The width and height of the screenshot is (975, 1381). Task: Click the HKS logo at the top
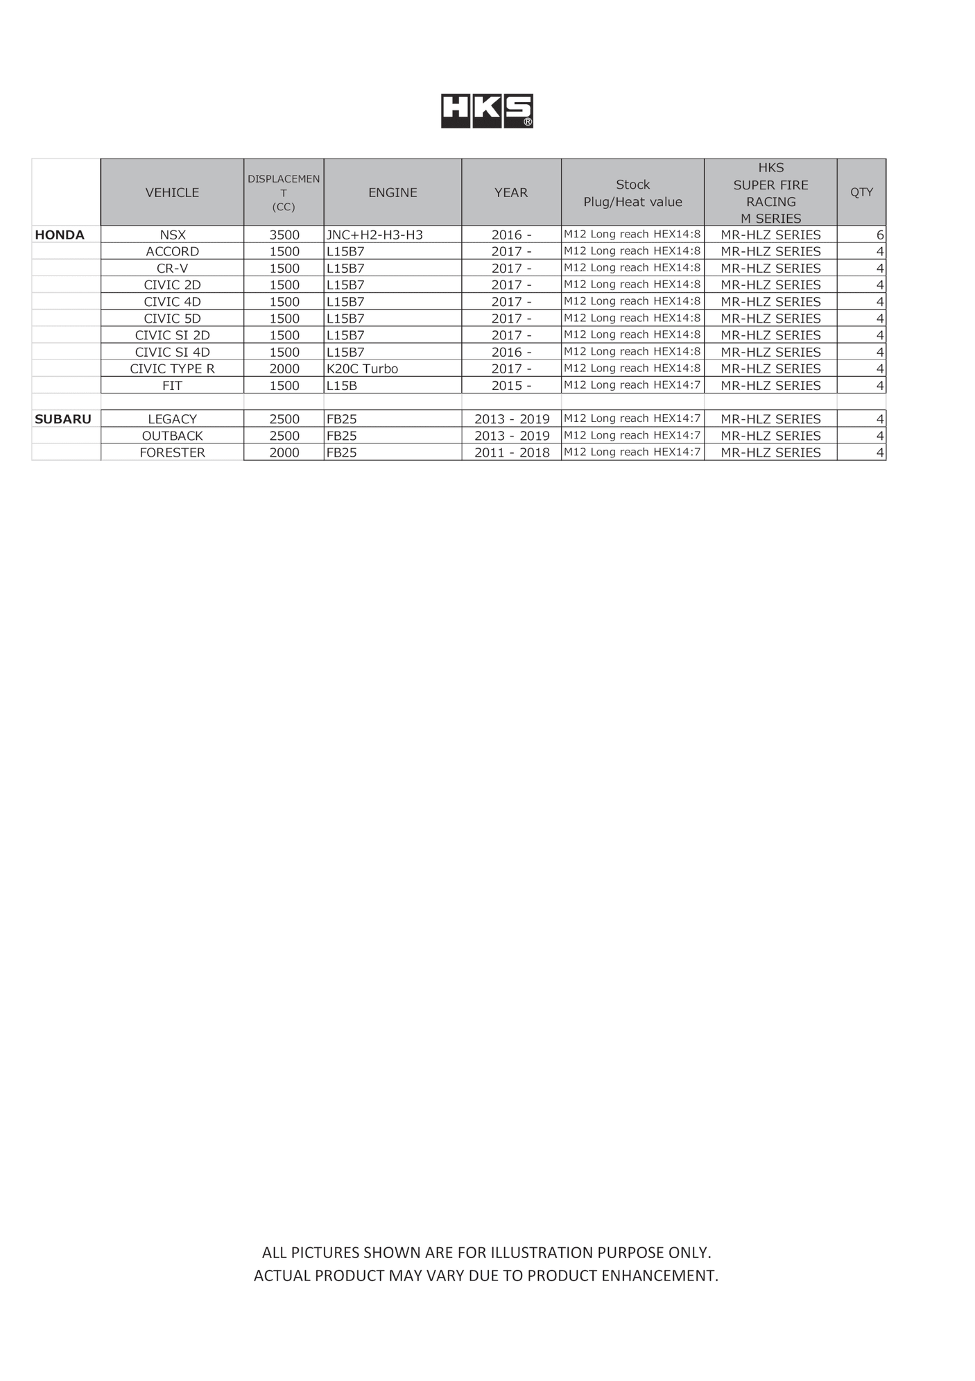487,111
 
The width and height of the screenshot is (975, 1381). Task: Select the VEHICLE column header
172,192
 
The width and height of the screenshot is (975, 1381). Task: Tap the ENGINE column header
392,192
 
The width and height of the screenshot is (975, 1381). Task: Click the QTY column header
861,192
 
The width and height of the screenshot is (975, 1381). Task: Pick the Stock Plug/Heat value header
632,193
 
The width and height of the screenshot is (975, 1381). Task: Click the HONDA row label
60,235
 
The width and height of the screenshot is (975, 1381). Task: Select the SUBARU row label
63,418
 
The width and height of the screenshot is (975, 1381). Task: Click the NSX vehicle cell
173,235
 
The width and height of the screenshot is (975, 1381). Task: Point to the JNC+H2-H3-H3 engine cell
374,235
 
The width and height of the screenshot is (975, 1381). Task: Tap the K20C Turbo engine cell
362,368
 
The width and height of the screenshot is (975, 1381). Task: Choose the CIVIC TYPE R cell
173,368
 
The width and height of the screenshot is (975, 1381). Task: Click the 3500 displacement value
284,235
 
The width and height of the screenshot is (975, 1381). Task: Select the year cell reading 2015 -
511,385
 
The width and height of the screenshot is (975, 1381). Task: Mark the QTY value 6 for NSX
879,235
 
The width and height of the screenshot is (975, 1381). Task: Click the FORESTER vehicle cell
173,452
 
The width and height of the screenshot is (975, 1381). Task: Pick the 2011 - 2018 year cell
512,452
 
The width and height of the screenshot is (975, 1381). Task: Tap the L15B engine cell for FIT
342,385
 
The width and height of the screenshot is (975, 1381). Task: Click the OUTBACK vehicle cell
173,436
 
